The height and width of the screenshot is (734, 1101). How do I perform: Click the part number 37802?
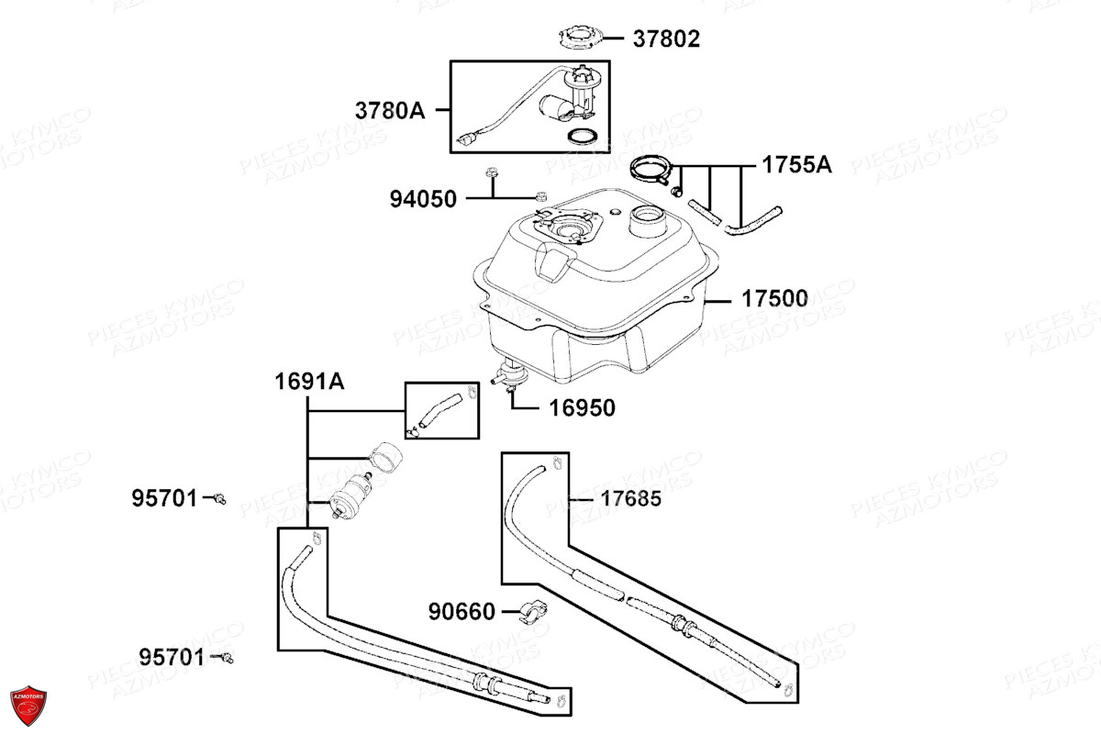click(x=666, y=39)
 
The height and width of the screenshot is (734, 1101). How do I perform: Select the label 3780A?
click(x=391, y=110)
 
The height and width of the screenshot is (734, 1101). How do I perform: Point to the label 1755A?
click(x=795, y=165)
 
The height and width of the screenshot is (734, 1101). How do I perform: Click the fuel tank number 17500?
click(x=775, y=299)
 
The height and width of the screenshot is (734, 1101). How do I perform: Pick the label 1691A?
click(x=310, y=382)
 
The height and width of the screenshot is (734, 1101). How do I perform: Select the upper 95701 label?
click(x=164, y=498)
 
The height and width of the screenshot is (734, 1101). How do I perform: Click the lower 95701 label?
click(x=172, y=657)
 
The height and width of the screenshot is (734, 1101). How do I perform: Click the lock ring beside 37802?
click(x=583, y=38)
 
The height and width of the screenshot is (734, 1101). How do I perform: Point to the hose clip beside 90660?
click(x=531, y=613)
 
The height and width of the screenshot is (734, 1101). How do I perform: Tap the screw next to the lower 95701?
click(x=226, y=657)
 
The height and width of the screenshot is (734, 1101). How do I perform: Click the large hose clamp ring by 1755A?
click(x=652, y=170)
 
